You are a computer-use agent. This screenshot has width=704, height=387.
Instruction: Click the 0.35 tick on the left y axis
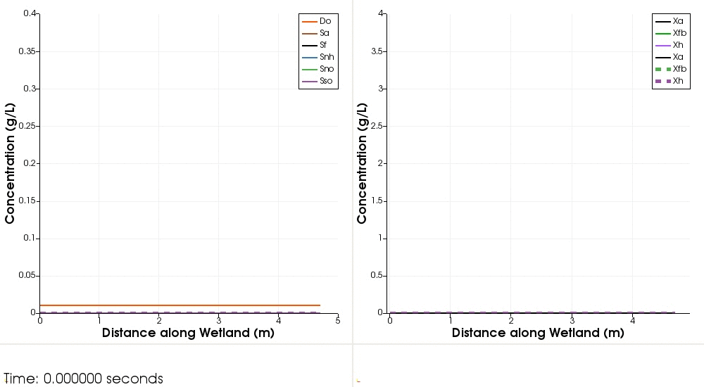tap(28, 51)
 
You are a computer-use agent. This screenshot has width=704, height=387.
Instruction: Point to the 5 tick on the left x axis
tap(338, 321)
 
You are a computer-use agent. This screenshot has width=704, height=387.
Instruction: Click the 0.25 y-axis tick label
tap(28, 126)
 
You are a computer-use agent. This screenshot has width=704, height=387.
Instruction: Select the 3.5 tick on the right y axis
tap(381, 51)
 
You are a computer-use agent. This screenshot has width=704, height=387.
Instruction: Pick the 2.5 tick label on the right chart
tap(381, 126)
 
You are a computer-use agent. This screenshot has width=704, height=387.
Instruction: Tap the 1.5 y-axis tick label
tap(381, 201)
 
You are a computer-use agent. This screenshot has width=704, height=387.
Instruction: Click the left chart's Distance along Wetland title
tap(188, 333)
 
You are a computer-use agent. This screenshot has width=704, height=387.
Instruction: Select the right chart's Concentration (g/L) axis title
tap(362, 163)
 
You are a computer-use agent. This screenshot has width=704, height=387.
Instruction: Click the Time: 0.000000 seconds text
tap(83, 379)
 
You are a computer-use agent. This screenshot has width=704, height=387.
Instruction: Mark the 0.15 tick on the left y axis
tap(28, 201)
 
